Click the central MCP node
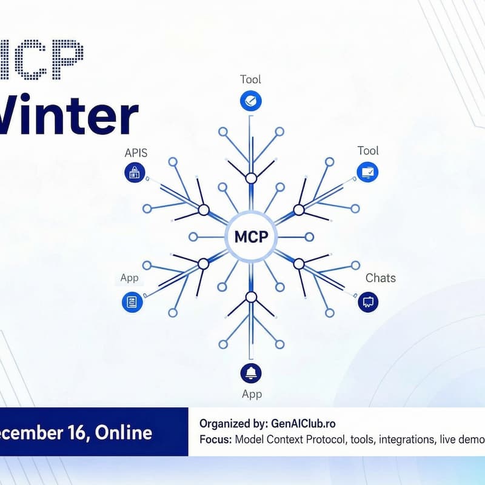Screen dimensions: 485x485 pos(250,236)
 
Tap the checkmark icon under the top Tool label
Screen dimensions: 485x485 pos(250,100)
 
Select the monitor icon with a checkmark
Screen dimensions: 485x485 pos(368,173)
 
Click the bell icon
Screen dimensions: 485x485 pos(251,372)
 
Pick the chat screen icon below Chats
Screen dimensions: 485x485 pos(368,301)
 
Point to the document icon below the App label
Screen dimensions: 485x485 pos(132,301)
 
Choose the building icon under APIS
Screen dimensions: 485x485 pos(135,173)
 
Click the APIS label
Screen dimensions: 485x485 pos(136,152)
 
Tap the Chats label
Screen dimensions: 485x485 pos(381,278)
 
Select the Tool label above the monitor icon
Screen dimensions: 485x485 pos(368,150)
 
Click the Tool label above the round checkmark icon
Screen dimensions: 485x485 pos(250,79)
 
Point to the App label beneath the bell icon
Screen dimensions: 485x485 pos(252,394)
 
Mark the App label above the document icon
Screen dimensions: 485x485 pos(129,278)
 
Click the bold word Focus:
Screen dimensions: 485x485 pos(215,440)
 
